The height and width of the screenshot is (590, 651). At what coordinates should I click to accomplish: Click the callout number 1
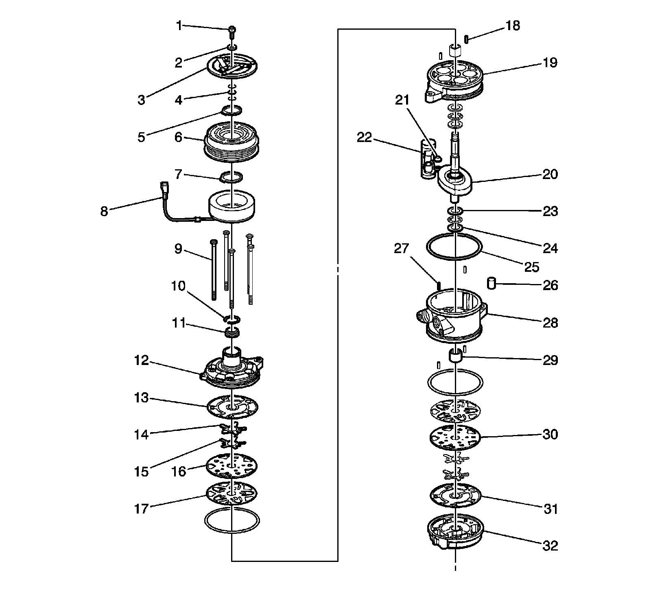click(179, 26)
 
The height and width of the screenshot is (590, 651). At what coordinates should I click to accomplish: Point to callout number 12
click(142, 361)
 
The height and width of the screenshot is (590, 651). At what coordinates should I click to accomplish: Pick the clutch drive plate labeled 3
click(232, 67)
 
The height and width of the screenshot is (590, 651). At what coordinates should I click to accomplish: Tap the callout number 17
click(142, 509)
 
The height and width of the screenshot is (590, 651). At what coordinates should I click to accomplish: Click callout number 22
click(364, 138)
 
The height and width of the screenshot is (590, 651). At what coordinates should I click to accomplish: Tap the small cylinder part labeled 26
click(492, 283)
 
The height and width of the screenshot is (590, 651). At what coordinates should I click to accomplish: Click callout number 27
click(402, 248)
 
